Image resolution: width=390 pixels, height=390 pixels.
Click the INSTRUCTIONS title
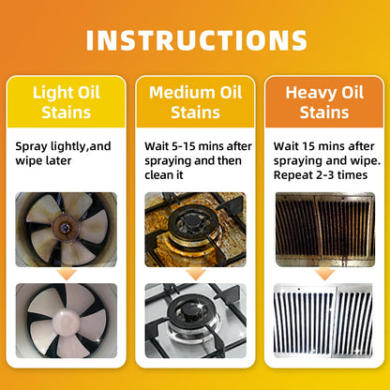click(197, 40)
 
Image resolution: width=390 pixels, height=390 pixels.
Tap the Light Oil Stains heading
click(67, 102)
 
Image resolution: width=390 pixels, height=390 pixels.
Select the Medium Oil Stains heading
click(195, 102)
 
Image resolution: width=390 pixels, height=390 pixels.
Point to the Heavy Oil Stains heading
click(324, 102)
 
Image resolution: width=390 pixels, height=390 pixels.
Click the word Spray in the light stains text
click(32, 147)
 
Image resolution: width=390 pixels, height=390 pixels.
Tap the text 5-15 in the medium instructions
click(184, 146)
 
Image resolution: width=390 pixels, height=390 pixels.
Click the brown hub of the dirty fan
click(65, 226)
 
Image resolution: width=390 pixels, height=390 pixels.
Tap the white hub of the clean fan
click(67, 321)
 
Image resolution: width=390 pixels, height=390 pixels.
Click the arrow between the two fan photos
click(67, 274)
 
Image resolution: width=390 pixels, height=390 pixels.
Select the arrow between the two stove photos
click(196, 274)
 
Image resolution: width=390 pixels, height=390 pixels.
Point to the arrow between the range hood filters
click(324, 274)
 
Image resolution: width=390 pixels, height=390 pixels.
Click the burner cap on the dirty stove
click(191, 221)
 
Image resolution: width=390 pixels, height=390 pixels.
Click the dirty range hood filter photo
click(325, 230)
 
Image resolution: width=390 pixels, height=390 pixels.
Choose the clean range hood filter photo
click(323, 321)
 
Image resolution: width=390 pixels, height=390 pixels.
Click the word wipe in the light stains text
click(27, 161)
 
